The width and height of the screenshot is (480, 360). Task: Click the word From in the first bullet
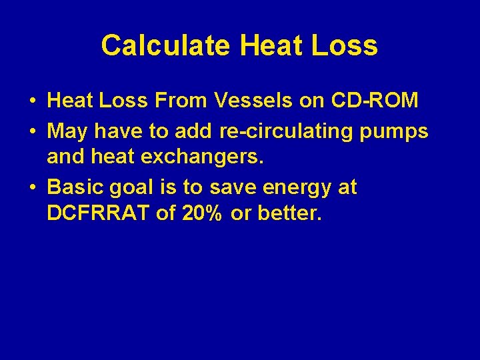coord(183,101)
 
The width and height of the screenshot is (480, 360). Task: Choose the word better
coord(290,215)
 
